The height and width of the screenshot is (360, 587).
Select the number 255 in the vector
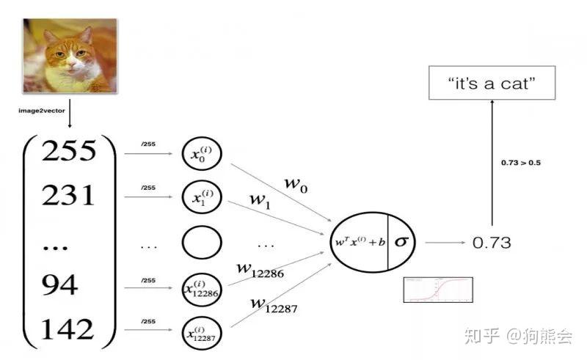pyautogui.click(x=69, y=151)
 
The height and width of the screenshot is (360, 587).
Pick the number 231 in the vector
pyautogui.click(x=68, y=196)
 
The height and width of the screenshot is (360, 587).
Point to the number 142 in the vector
pyautogui.click(x=68, y=329)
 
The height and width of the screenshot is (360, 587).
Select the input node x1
pyautogui.click(x=202, y=197)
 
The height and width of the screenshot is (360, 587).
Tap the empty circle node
pyautogui.click(x=202, y=243)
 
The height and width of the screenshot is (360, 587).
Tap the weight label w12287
pyautogui.click(x=274, y=304)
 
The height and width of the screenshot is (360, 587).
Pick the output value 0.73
pyautogui.click(x=491, y=243)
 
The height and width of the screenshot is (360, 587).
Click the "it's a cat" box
pyautogui.click(x=491, y=84)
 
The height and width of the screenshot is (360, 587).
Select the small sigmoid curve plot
pyautogui.click(x=438, y=290)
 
